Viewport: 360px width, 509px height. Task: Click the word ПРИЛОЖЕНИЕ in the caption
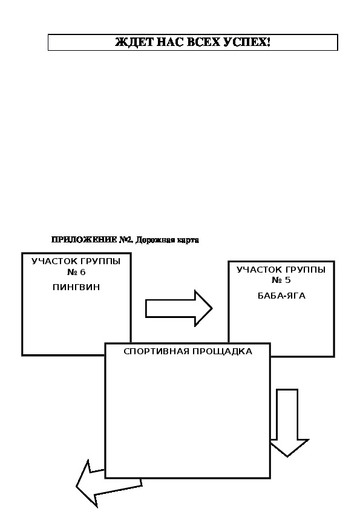click(84, 240)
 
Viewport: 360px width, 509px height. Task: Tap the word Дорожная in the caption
click(155, 240)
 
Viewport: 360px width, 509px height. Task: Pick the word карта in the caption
click(188, 241)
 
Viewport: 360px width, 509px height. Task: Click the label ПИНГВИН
click(76, 287)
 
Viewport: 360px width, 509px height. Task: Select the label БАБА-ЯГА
click(282, 296)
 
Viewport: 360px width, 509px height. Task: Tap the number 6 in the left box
click(82, 272)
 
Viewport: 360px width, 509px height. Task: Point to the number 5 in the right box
click(287, 280)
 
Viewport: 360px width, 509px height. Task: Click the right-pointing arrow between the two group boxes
click(178, 308)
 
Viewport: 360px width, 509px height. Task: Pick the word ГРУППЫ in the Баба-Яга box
click(306, 270)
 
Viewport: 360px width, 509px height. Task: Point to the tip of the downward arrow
click(287, 457)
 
